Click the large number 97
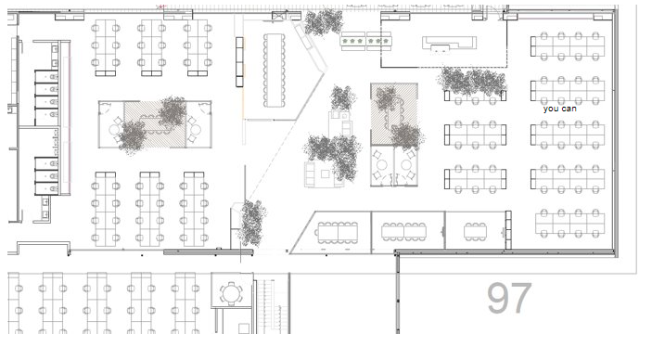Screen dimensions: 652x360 [509, 298]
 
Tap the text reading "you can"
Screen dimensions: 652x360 [559, 109]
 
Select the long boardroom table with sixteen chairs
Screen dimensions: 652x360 [274, 70]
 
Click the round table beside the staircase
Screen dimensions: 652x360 [231, 293]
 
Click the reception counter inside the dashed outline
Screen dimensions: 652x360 [450, 44]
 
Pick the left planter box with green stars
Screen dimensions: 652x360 [353, 41]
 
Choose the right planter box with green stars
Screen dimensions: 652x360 [378, 41]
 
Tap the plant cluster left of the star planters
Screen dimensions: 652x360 [324, 22]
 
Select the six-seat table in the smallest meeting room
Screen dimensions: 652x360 [475, 231]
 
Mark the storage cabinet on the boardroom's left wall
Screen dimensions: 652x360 [239, 62]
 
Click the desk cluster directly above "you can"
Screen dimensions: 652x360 [568, 90]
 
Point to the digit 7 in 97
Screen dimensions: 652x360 [521, 298]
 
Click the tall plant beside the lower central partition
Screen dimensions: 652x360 [252, 223]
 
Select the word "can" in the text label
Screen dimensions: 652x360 [569, 109]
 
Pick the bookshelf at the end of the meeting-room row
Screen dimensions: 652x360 [508, 230]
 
